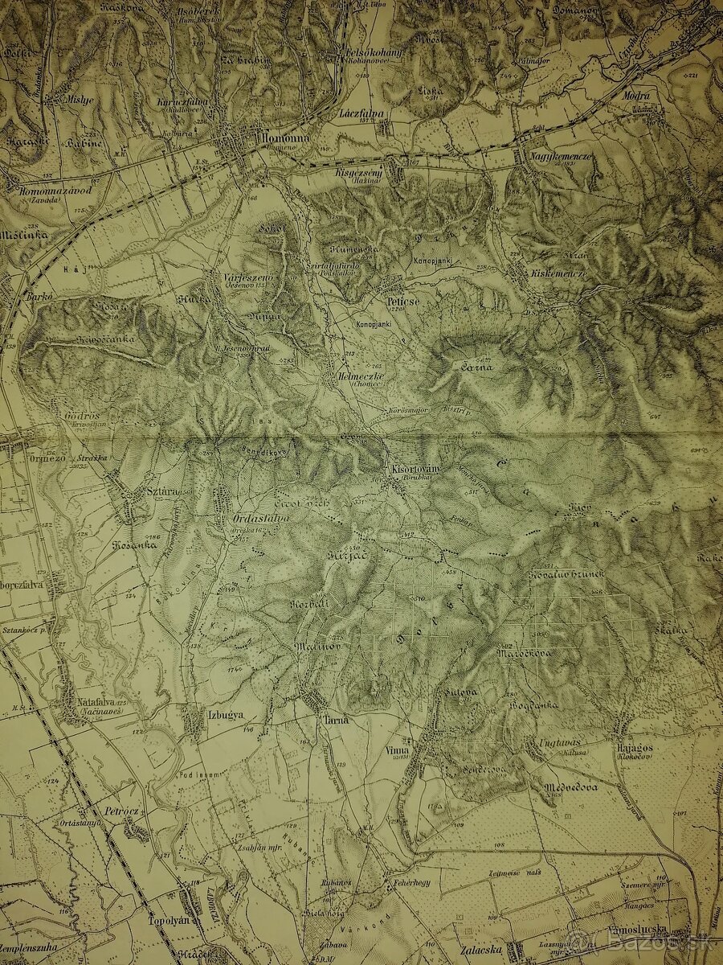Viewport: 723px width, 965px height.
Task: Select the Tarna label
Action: pyautogui.click(x=336, y=720)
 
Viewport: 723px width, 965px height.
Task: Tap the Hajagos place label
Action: pyautogui.click(x=634, y=748)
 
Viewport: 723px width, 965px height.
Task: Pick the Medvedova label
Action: pyautogui.click(x=570, y=787)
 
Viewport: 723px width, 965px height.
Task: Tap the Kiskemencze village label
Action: pyautogui.click(x=558, y=273)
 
